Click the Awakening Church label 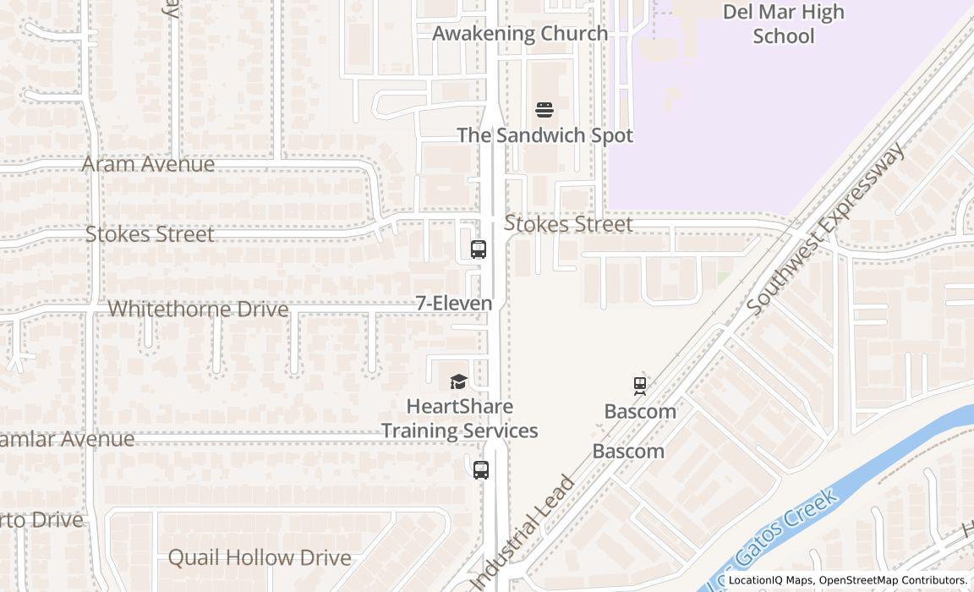tap(520, 34)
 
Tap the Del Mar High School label tap(783, 24)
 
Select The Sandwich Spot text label tap(544, 135)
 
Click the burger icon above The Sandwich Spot tap(544, 110)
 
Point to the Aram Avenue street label tap(148, 164)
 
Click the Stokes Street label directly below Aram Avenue tap(150, 234)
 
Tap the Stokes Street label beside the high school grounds tap(568, 224)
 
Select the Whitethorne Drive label tap(198, 310)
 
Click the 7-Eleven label tap(454, 303)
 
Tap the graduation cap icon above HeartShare tap(458, 382)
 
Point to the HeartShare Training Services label tap(459, 419)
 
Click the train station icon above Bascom tap(640, 386)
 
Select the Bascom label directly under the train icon tap(640, 412)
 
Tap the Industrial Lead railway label tap(523, 534)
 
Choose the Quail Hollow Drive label tap(260, 558)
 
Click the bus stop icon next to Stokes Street tap(479, 249)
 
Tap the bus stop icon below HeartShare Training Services tap(481, 470)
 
